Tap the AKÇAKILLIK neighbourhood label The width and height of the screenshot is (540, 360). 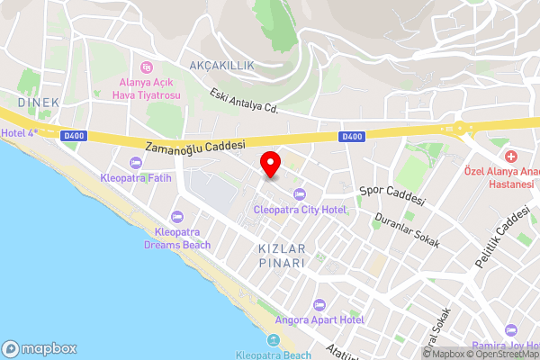point(223,66)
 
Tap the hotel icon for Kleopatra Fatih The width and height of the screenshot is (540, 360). point(136,162)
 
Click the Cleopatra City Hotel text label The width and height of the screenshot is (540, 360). point(300,210)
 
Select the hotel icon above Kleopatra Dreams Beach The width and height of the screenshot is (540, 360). point(176,217)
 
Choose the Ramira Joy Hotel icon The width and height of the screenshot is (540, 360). point(511,331)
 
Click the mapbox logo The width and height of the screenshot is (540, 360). point(39,348)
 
